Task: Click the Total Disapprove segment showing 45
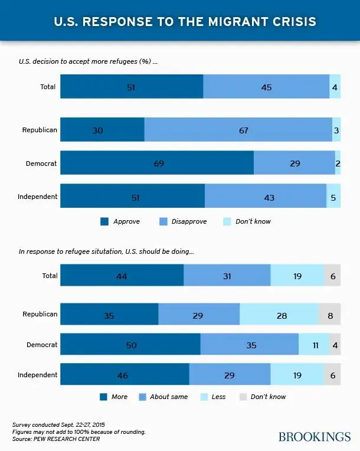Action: (x=266, y=87)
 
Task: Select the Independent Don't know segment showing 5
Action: (x=333, y=197)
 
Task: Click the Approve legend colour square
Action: (x=104, y=222)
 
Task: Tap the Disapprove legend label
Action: (x=189, y=222)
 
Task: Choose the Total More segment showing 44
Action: (x=122, y=276)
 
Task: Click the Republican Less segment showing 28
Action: (x=279, y=315)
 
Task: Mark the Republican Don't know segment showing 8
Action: (x=330, y=315)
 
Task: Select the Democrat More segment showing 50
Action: (x=130, y=345)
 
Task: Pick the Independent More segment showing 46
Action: (x=125, y=375)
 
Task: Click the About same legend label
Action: (x=169, y=397)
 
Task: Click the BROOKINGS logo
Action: (x=315, y=437)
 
